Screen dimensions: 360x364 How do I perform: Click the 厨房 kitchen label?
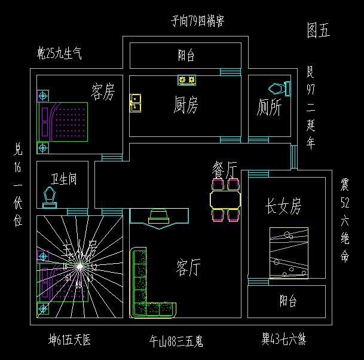pos(186,106)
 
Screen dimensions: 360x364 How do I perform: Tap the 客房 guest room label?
pos(103,92)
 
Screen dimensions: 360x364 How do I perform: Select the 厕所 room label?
pos(270,108)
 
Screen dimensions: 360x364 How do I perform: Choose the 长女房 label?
pos(283,207)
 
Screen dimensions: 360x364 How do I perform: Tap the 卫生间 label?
pos(63,179)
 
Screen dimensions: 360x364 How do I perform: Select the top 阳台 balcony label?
pos(186,56)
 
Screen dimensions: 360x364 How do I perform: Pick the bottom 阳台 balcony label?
pos(288,301)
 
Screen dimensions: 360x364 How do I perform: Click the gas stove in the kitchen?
pos(186,80)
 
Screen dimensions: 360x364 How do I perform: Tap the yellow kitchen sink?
pos(136,103)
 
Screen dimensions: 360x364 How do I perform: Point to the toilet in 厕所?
pos(278,89)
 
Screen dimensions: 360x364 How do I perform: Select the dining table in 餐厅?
pos(225,199)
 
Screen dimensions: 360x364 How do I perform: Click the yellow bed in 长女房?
pos(289,253)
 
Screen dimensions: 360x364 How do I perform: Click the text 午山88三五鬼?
pos(176,341)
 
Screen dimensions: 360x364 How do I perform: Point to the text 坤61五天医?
pos(70,340)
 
